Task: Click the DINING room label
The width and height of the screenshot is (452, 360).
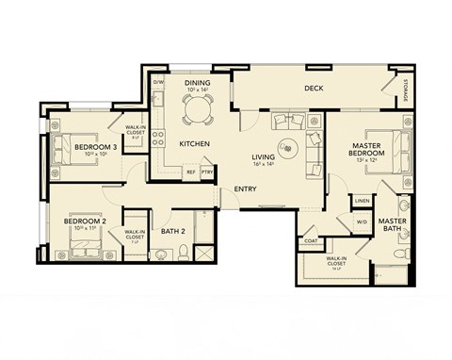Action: [x=198, y=83]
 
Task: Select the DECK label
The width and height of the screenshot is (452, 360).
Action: [x=314, y=89]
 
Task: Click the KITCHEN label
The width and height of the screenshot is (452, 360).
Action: [x=194, y=143]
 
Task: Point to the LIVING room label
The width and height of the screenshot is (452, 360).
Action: [x=264, y=157]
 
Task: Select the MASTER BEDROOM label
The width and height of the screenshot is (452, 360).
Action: [x=365, y=151]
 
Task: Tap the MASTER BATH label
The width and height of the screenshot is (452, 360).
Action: [x=392, y=226]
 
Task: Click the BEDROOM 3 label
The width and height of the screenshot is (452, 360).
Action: [x=95, y=147]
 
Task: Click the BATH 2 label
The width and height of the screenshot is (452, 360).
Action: [x=172, y=231]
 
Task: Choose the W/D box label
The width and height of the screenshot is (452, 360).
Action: [x=362, y=222]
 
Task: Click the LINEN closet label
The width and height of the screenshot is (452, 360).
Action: [x=362, y=200]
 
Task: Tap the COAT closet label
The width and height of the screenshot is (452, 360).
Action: [x=311, y=240]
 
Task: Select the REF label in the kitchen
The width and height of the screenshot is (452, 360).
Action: [x=190, y=172]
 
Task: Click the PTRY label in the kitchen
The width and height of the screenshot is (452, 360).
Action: [x=206, y=172]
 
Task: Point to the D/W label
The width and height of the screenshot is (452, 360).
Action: [x=158, y=83]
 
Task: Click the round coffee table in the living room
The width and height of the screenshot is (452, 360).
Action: [x=287, y=147]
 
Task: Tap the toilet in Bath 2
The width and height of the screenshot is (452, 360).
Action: [x=162, y=254]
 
